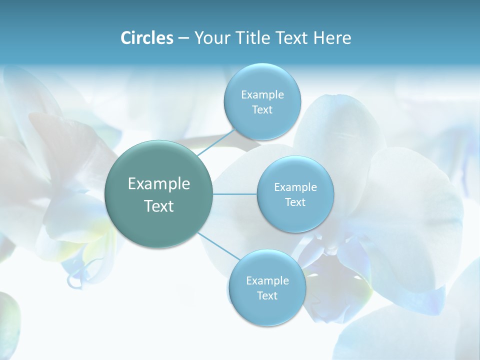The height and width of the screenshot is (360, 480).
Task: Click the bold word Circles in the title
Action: tap(146, 38)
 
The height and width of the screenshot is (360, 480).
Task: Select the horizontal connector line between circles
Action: tap(234, 194)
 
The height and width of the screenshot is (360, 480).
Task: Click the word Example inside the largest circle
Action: tap(159, 184)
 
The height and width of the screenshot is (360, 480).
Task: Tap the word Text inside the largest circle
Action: tap(159, 206)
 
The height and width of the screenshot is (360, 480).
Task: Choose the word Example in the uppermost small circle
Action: tap(262, 95)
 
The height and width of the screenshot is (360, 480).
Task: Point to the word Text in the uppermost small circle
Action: tap(262, 110)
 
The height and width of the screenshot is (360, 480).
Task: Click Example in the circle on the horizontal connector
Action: tap(295, 187)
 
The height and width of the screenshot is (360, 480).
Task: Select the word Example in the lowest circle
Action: tap(267, 281)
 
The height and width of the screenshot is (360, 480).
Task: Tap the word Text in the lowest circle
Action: tap(267, 296)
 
